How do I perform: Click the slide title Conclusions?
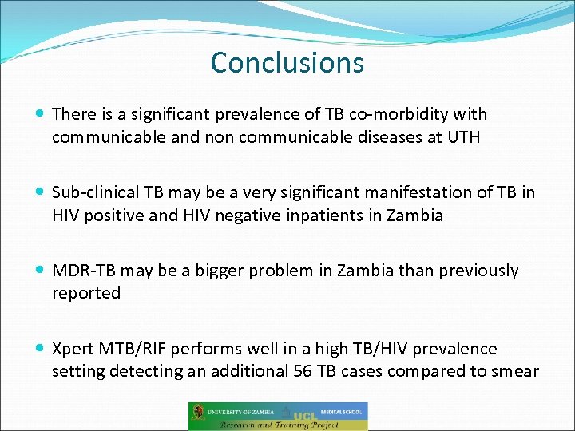287,62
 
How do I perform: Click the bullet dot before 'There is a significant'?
41,115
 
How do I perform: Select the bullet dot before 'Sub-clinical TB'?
41,193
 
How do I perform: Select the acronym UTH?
463,136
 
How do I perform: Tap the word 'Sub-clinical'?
95,192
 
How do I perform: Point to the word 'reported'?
86,293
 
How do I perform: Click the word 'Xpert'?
73,349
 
